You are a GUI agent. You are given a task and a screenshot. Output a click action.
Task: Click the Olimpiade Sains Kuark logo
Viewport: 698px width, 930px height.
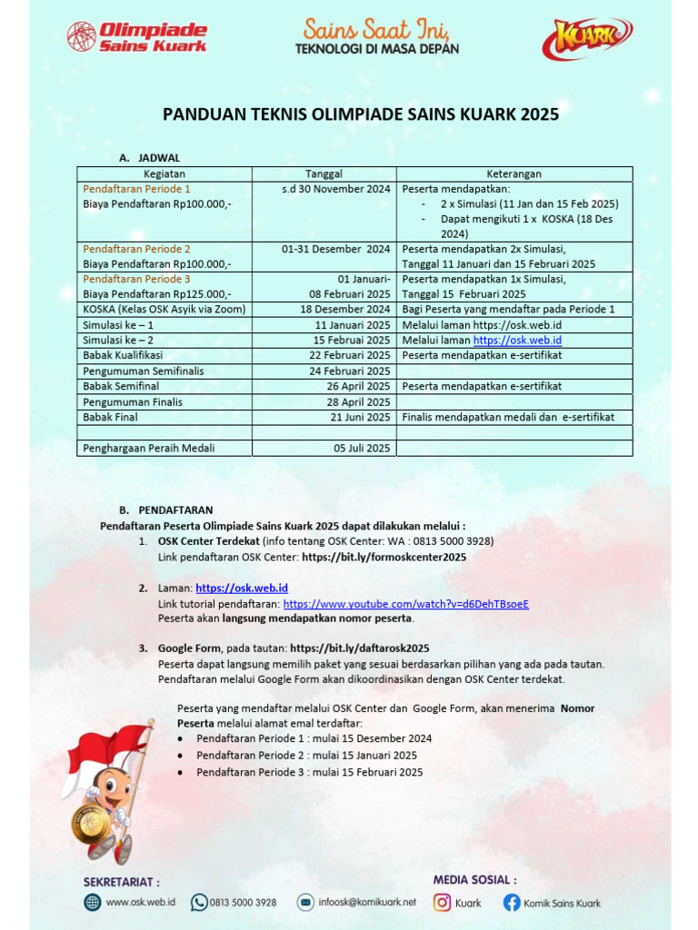tap(137, 36)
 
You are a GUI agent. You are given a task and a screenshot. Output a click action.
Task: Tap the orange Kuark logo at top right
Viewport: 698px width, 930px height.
tap(587, 39)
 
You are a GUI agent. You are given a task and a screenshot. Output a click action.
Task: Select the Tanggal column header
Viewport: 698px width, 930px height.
tap(324, 173)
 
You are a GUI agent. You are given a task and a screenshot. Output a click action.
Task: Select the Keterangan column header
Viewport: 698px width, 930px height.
tap(514, 173)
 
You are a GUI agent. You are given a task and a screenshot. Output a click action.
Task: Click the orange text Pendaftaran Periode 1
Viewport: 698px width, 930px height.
tap(136, 189)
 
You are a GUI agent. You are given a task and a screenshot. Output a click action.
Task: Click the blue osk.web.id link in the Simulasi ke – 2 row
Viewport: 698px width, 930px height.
tap(517, 341)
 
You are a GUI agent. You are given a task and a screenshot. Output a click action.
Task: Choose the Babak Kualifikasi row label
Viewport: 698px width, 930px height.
tap(123, 355)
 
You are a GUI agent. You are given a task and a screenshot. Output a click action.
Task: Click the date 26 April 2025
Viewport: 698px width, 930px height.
tap(358, 386)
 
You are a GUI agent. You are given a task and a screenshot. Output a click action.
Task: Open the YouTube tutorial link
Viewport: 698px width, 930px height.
tap(405, 604)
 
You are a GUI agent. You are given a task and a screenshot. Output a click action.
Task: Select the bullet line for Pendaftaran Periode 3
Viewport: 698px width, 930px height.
tap(309, 772)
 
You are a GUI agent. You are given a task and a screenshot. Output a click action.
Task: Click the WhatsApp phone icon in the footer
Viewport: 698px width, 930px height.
tap(199, 902)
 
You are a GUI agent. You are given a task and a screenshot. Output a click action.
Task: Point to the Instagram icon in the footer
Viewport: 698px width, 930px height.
tap(443, 903)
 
